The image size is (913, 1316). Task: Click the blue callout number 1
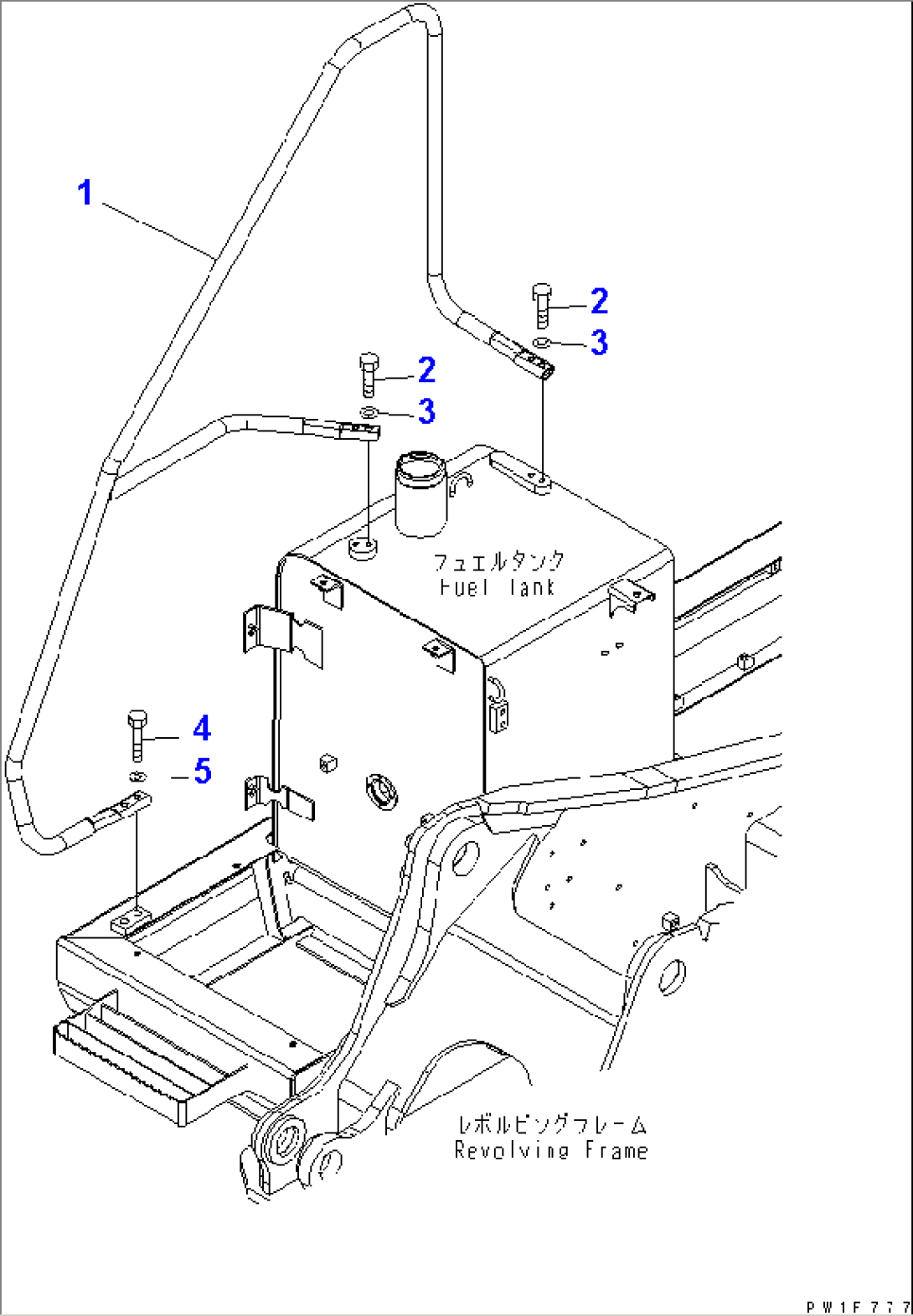pyautogui.click(x=85, y=193)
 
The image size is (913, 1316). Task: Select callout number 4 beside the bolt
pyautogui.click(x=202, y=729)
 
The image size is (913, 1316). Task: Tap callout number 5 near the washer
pyautogui.click(x=202, y=771)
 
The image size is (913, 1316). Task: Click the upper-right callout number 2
pyautogui.click(x=599, y=301)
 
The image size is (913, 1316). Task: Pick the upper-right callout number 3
pyautogui.click(x=599, y=343)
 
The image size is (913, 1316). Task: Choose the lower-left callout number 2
pyautogui.click(x=426, y=369)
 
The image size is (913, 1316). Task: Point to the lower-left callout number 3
pyautogui.click(x=426, y=410)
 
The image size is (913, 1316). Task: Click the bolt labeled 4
pyautogui.click(x=137, y=736)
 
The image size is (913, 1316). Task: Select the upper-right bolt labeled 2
pyautogui.click(x=542, y=306)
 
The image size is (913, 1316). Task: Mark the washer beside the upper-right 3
pyautogui.click(x=541, y=342)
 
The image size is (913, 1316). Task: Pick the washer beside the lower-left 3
pyautogui.click(x=369, y=412)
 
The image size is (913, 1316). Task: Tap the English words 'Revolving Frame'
pyautogui.click(x=551, y=1150)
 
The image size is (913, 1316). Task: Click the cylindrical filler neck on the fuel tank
pyautogui.click(x=420, y=493)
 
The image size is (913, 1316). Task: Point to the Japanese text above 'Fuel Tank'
pyautogui.click(x=499, y=561)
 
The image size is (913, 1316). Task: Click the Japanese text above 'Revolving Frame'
pyautogui.click(x=552, y=1124)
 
